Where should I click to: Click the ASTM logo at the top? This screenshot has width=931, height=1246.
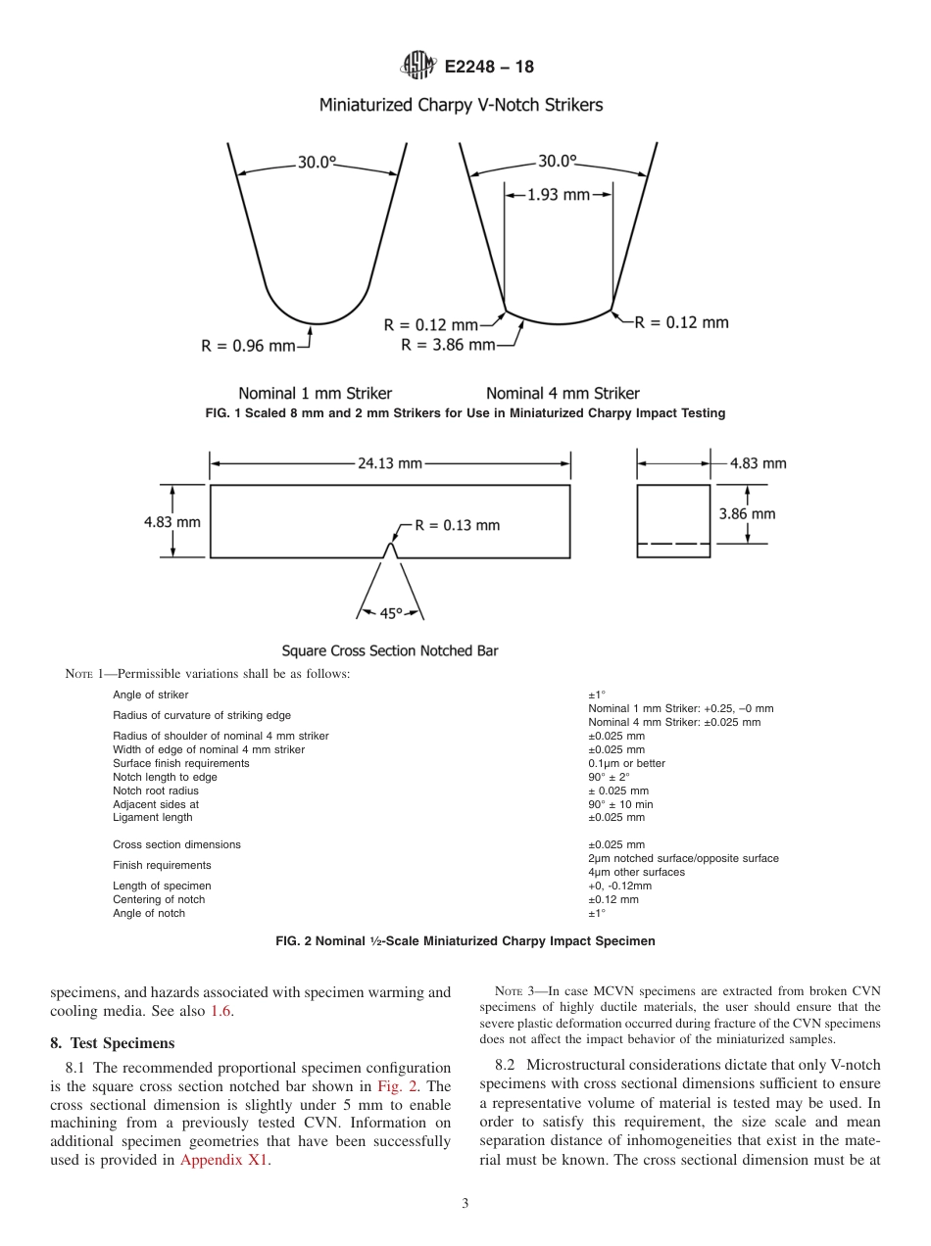click(419, 67)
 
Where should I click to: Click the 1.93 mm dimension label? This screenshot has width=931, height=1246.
click(559, 195)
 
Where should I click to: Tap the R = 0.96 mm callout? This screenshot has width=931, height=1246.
click(248, 345)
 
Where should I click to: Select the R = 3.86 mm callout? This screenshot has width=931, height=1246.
click(448, 345)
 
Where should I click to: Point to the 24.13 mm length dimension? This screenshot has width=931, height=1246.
click(389, 463)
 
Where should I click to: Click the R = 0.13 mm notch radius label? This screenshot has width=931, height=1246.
click(457, 525)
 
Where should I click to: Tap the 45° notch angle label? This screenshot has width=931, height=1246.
click(390, 613)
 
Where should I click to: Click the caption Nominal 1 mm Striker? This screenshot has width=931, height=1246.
click(315, 394)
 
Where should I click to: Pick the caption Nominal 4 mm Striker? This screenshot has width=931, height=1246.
click(563, 394)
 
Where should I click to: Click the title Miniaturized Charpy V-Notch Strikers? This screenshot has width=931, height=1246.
click(461, 105)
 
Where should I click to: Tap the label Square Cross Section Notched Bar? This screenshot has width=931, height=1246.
click(390, 650)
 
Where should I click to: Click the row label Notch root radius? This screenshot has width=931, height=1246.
click(156, 791)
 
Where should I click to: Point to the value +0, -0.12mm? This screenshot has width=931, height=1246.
click(619, 886)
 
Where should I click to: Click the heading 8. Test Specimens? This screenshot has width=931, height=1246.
click(113, 1043)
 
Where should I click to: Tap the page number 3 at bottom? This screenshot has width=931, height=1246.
click(465, 1204)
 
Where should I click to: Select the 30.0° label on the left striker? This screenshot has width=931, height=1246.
click(317, 163)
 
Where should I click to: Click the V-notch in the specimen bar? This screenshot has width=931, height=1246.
click(390, 551)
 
